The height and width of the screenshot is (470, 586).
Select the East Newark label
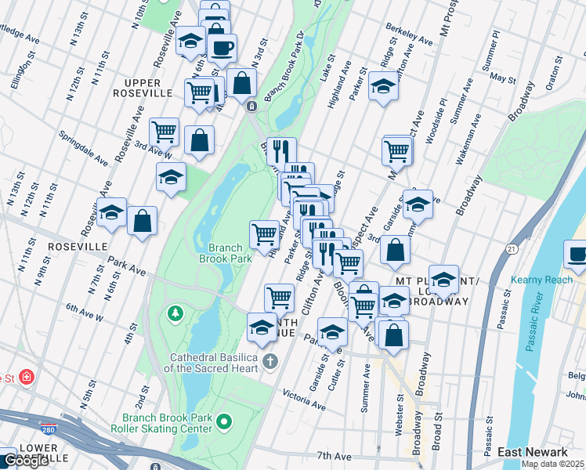533,452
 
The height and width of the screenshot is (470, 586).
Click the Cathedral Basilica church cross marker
270,361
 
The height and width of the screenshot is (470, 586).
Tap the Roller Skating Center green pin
225,422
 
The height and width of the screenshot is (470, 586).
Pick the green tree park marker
175,315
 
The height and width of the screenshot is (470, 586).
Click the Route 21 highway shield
512,248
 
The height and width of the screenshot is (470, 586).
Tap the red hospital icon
27,378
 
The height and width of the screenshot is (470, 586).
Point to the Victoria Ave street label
304,399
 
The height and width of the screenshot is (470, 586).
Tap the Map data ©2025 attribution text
551,463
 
